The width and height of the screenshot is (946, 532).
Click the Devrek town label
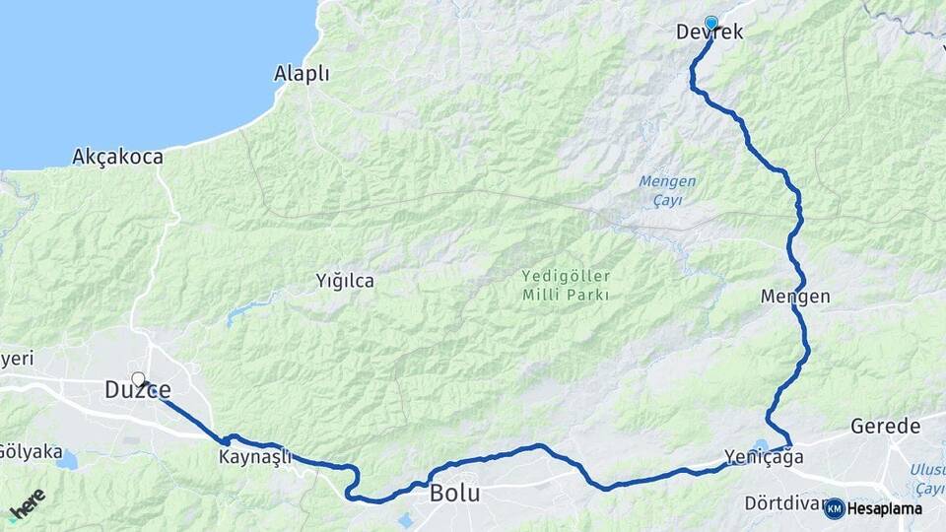[709, 33]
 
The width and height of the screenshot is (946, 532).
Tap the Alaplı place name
[302, 74]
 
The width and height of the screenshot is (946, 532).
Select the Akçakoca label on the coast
[117, 157]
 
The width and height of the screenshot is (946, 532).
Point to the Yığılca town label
[345, 281]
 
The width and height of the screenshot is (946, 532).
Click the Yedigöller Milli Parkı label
[567, 286]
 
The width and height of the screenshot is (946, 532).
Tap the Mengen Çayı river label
[667, 190]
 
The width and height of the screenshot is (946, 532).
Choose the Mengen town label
[795, 297]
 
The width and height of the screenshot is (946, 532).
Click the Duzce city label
[137, 391]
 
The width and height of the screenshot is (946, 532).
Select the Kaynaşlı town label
[253, 458]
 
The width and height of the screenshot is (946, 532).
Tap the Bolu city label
[454, 494]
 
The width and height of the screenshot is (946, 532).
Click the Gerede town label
[885, 427]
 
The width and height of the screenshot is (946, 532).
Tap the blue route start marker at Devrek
[711, 23]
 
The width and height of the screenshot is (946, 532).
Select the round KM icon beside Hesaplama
[835, 508]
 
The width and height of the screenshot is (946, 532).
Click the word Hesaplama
[885, 508]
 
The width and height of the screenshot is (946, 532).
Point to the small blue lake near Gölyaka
[67, 460]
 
